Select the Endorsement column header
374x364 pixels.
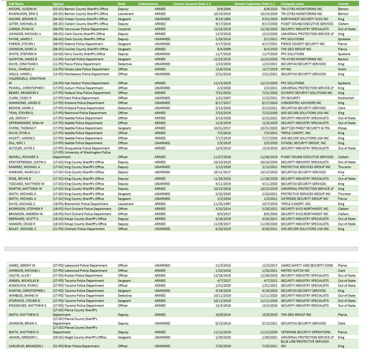[x=148, y=4]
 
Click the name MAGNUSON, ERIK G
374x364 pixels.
[x=23, y=14]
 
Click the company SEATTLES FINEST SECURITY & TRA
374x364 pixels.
[x=305, y=128]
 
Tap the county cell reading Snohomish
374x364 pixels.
[x=346, y=98]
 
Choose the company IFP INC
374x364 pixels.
[x=286, y=69]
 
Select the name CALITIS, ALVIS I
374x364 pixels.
[x=22, y=276]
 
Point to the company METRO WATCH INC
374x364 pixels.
[x=295, y=271]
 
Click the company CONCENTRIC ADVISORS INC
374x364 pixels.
[x=301, y=103]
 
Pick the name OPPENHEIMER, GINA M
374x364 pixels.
[x=26, y=123]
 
